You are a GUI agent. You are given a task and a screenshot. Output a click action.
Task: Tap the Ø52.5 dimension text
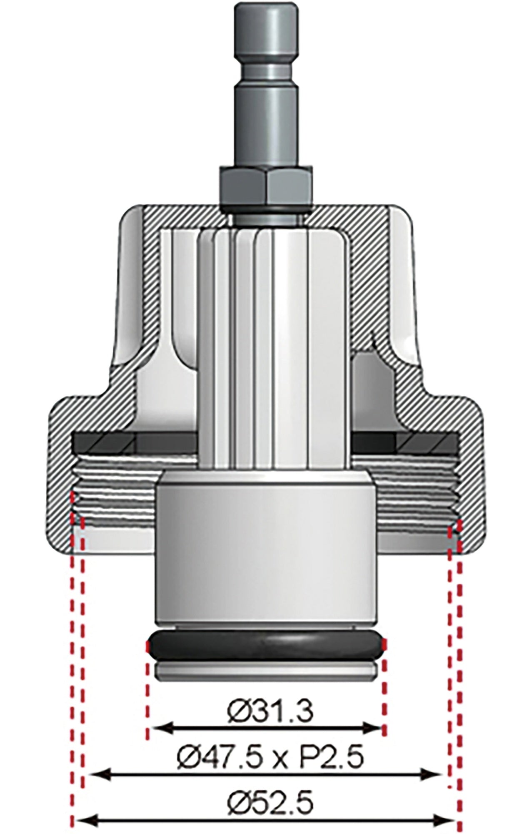click(x=270, y=789)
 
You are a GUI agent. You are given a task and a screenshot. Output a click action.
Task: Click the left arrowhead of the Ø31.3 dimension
click(x=158, y=729)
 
